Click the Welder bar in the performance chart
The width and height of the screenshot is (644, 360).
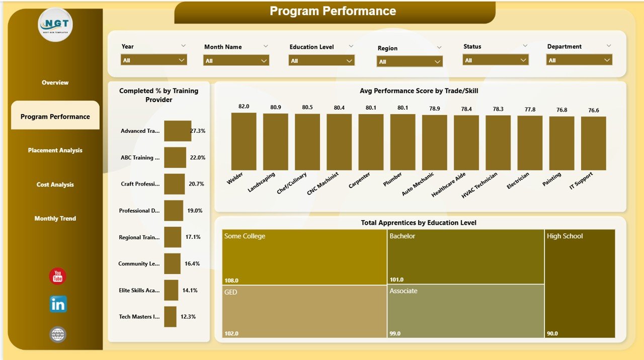click(244, 141)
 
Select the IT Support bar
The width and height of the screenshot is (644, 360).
click(593, 143)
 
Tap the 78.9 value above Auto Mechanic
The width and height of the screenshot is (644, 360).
click(434, 109)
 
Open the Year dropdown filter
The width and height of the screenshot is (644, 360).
click(154, 60)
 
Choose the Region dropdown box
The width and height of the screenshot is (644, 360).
click(410, 61)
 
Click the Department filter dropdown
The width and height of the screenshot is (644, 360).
click(579, 60)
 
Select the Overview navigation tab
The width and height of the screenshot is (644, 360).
click(55, 82)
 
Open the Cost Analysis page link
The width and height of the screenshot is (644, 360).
click(55, 185)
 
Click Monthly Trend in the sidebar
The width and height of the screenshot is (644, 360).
click(55, 219)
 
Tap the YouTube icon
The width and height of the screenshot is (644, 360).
click(57, 276)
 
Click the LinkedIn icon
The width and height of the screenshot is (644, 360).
click(58, 304)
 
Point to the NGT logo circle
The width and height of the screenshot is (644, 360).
click(55, 25)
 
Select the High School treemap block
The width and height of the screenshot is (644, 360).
click(580, 284)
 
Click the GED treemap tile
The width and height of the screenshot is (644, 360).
click(304, 311)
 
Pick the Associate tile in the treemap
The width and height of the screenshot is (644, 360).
click(465, 311)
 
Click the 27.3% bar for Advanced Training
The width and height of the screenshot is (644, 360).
click(177, 131)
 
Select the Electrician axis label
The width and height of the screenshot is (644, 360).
click(518, 181)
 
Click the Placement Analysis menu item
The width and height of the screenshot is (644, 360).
click(55, 150)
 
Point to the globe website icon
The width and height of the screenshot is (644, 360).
click(58, 334)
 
